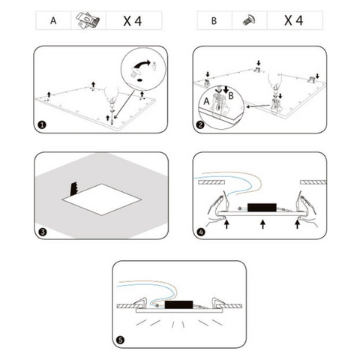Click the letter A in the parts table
click(53, 20)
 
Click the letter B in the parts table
click(214, 21)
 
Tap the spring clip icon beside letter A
click(88, 21)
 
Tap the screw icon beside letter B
click(249, 20)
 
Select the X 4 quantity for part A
click(133, 21)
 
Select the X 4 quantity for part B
click(294, 20)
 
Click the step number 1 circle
click(42, 124)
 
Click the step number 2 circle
click(201, 124)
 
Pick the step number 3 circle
click(43, 232)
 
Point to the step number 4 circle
click(201, 232)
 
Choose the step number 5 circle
click(121, 340)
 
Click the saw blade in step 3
click(74, 188)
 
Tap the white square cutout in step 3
click(102, 199)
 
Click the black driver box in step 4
click(262, 208)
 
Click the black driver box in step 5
click(178, 304)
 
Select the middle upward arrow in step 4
click(262, 224)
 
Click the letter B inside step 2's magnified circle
click(231, 95)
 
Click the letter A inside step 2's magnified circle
click(206, 101)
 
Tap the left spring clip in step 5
click(141, 302)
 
